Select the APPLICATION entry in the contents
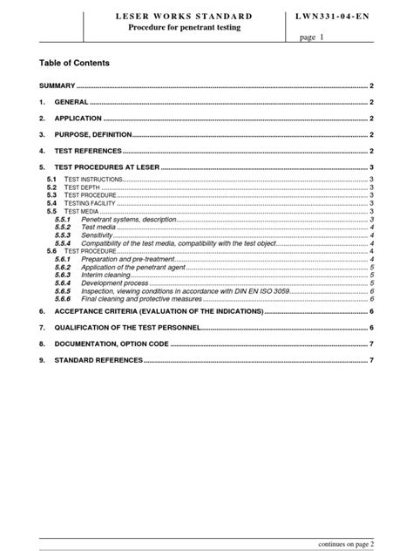point(78,119)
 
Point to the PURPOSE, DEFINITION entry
point(92,134)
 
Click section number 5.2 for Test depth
point(51,187)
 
